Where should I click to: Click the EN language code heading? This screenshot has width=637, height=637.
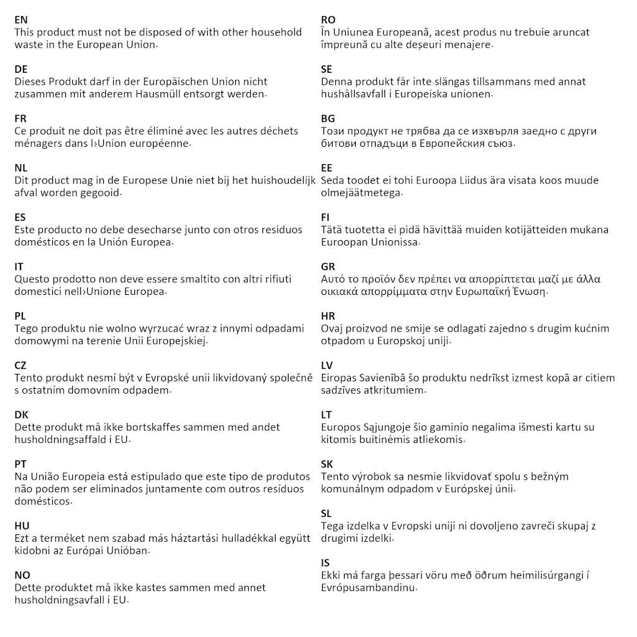click(21, 20)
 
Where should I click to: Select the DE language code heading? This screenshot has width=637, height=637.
click(21, 69)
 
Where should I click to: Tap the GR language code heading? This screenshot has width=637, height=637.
click(328, 267)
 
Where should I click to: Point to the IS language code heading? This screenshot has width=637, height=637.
click(325, 563)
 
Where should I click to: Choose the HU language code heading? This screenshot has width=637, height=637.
click(22, 526)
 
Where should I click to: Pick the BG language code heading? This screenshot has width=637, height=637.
click(328, 118)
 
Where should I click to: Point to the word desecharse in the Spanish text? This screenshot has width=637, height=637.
click(136, 230)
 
